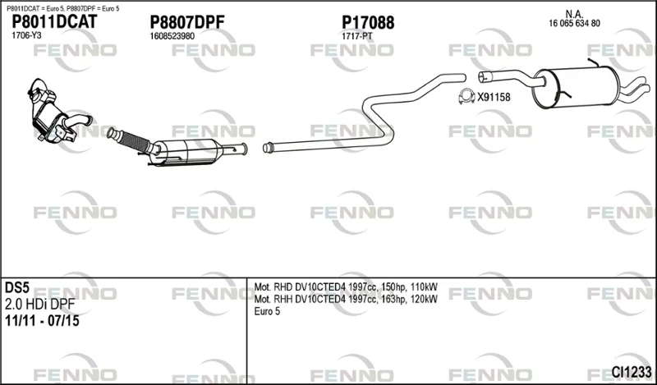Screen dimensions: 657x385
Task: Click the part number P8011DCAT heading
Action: point(54,21)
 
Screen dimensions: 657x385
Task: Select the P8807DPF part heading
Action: point(187,22)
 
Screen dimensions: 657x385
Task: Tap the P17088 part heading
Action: point(368,23)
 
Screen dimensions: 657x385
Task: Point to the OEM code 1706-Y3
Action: point(26,35)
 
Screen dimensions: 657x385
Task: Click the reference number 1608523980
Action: point(172,36)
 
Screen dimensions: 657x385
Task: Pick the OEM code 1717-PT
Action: point(357,36)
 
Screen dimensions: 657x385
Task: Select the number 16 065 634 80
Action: point(574,24)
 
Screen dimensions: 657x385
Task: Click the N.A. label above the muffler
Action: point(574,14)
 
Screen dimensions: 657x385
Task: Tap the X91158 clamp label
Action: point(494,97)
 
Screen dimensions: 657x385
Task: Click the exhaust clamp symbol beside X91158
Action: point(466,97)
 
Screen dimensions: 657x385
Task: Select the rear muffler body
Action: point(576,87)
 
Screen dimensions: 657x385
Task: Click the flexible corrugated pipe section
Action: point(132,140)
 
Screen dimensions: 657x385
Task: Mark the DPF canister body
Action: point(188,152)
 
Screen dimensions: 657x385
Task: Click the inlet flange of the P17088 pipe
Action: point(269,148)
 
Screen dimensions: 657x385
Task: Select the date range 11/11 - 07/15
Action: point(42,321)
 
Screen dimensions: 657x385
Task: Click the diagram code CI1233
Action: point(632,371)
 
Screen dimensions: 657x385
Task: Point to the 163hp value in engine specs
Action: point(393,299)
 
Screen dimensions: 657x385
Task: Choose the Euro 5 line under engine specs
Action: point(267,311)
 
